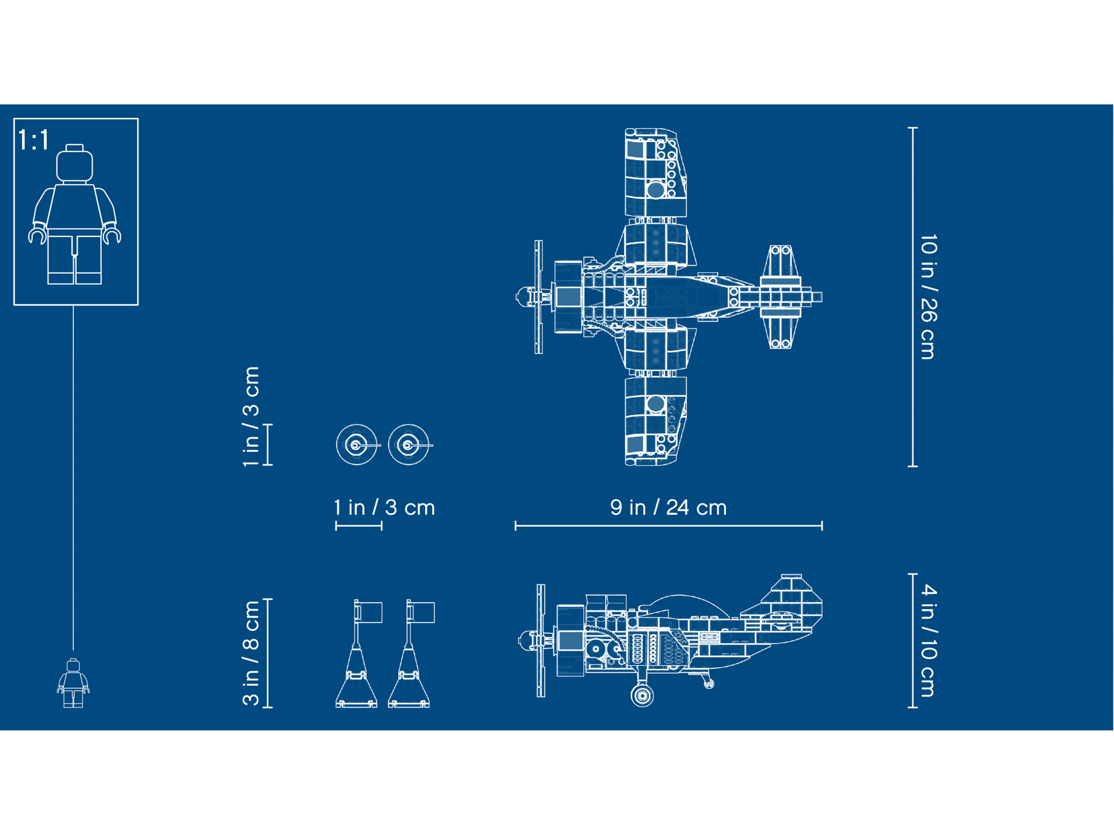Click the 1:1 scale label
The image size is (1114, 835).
click(33, 140)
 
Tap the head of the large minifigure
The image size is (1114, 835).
click(74, 164)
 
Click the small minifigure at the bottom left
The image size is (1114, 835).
click(73, 683)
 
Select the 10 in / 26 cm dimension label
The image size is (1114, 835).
click(928, 297)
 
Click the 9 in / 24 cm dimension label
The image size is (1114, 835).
click(668, 508)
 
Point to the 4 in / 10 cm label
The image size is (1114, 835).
click(928, 640)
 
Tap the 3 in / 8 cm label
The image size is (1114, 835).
click(251, 653)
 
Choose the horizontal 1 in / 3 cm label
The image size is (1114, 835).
click(385, 508)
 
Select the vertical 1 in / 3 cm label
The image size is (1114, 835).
click(251, 416)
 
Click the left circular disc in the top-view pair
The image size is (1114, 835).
click(356, 445)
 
